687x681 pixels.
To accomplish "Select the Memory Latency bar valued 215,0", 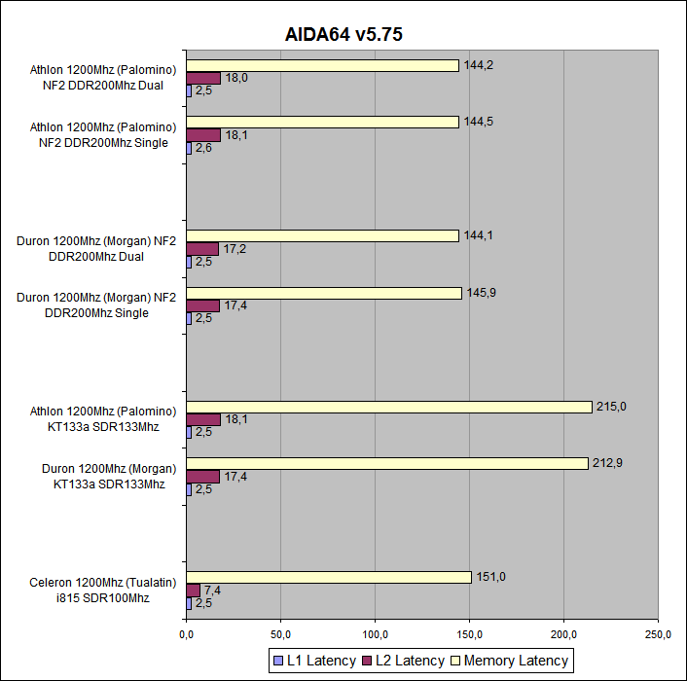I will [388, 407].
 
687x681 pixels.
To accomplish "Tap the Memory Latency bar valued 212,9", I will [386, 463].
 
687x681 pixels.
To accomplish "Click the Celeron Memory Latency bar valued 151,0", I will [328, 577].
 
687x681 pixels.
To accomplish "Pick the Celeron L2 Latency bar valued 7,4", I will [193, 591].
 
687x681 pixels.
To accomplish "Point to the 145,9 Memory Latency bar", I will [323, 293].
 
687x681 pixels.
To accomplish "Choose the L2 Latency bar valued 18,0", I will [202, 78].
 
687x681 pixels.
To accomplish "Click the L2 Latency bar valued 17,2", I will [201, 249].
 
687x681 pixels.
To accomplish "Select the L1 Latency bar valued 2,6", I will [188, 148].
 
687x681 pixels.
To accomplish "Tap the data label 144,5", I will [478, 122].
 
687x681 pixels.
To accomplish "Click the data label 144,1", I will [477, 234].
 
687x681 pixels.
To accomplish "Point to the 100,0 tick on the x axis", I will [375, 635].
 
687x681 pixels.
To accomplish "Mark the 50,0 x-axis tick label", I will [280, 635].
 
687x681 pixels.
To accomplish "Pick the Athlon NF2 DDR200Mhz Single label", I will [102, 135].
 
